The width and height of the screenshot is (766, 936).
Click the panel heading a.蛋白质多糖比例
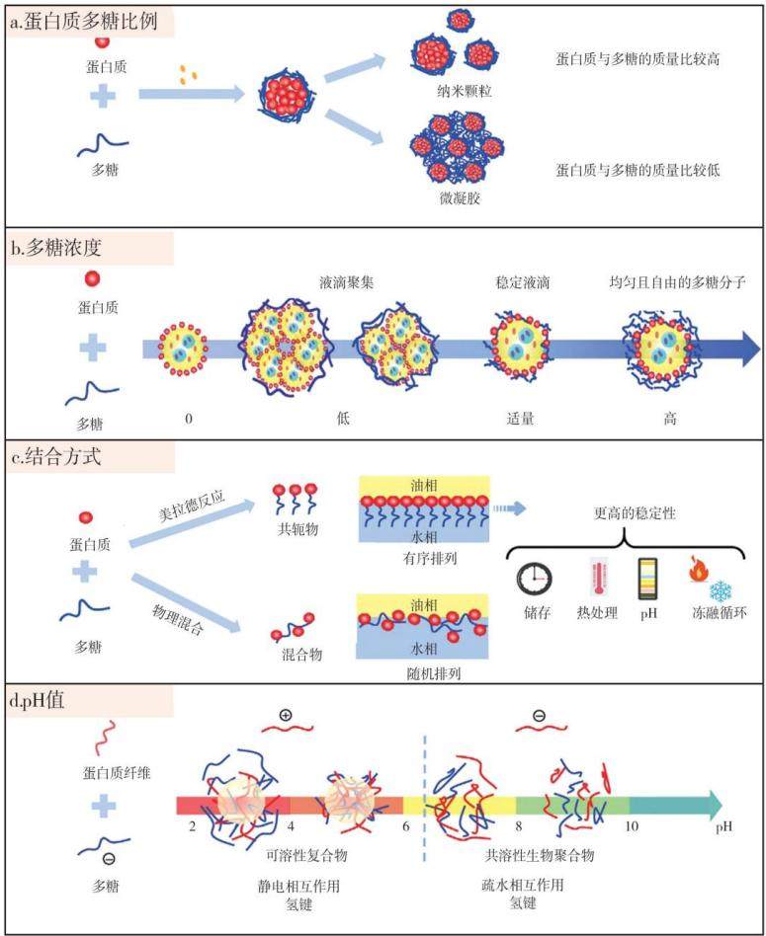[x=84, y=22]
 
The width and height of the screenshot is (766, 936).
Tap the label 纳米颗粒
[x=464, y=92]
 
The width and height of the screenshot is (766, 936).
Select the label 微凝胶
[x=460, y=197]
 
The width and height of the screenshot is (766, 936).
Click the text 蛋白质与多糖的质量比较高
[x=638, y=58]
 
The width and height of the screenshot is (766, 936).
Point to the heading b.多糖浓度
[x=56, y=248]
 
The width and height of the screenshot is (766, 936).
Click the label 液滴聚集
[x=347, y=282]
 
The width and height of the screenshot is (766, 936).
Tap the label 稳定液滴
[x=523, y=282]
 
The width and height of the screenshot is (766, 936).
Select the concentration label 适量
[x=521, y=419]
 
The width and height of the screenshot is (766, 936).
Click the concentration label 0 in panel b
[x=189, y=419]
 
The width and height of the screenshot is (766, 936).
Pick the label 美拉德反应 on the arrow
[x=192, y=507]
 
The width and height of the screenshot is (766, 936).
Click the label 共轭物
[x=298, y=528]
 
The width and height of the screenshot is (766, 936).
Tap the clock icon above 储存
[x=535, y=579]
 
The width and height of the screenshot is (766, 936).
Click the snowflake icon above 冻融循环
[x=721, y=591]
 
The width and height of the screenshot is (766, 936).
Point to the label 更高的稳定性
[x=635, y=513]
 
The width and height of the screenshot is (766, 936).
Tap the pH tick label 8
[x=519, y=826]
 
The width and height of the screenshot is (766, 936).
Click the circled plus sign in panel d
[x=286, y=715]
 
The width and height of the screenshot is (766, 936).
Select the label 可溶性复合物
[x=306, y=855]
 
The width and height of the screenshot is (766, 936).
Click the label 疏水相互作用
[x=523, y=885]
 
